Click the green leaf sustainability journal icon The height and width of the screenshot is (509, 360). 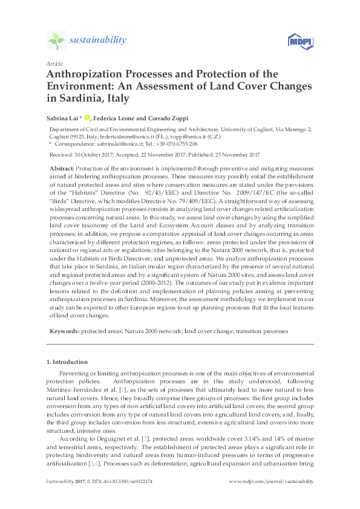56,41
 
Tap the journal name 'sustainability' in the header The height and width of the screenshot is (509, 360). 98,41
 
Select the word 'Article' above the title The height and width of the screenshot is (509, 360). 54,63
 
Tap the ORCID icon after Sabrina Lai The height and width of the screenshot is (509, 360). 87,117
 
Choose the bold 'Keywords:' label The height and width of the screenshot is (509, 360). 64,332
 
